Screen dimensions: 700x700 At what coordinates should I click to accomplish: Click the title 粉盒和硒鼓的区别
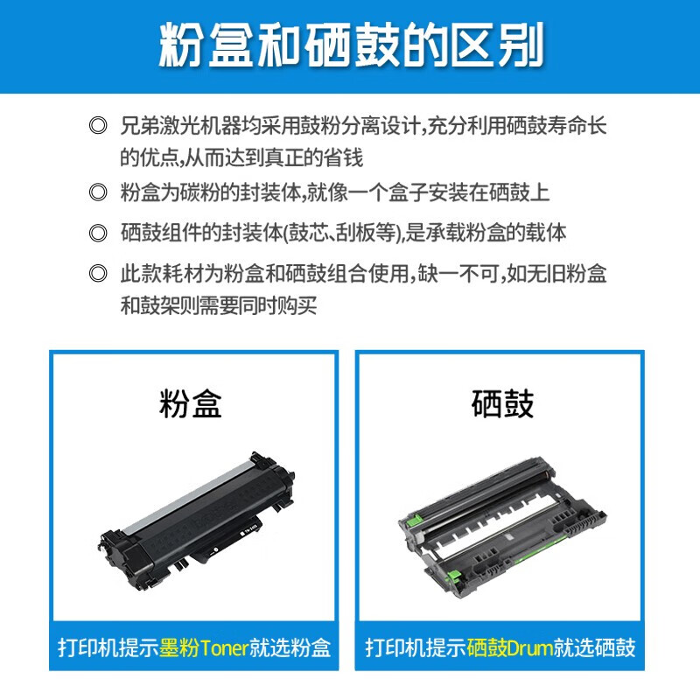click(x=350, y=45)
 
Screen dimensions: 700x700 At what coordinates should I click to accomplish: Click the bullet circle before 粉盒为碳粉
click(x=98, y=193)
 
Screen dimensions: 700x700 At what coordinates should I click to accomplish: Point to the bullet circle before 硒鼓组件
click(x=98, y=234)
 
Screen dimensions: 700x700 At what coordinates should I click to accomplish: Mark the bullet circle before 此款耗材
click(x=98, y=274)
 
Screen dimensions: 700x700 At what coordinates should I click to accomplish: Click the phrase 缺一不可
click(x=454, y=274)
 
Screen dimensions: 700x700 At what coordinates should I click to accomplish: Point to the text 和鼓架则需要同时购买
click(x=218, y=305)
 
